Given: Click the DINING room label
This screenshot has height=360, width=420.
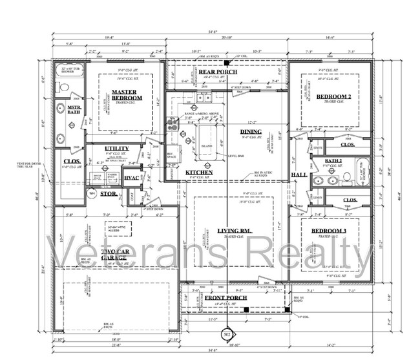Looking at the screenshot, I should [x=251, y=132].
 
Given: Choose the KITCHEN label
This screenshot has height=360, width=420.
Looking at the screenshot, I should [x=199, y=173].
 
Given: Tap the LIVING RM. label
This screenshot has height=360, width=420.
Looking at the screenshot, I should [x=233, y=231].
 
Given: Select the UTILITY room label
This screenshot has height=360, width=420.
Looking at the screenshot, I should [x=117, y=149].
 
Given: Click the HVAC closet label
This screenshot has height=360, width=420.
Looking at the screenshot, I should [x=131, y=178].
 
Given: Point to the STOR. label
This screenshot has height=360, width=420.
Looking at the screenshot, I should [x=108, y=193].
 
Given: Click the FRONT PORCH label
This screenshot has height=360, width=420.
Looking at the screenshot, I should [x=218, y=297].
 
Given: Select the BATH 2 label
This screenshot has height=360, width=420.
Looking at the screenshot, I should [x=333, y=160].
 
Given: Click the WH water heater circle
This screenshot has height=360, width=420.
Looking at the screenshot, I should [x=92, y=193].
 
